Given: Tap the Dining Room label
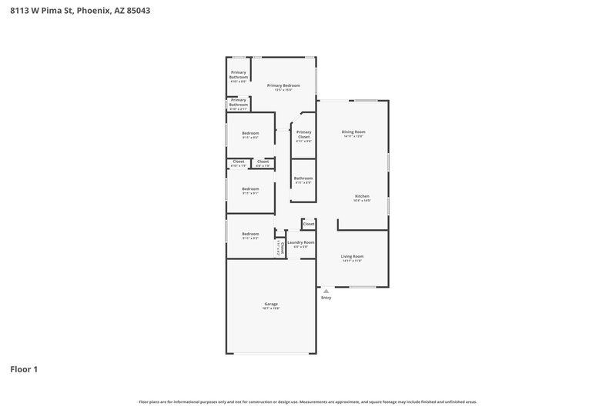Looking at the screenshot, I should (x=353, y=132).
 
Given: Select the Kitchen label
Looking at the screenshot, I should (x=363, y=196).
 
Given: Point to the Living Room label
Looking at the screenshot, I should (x=353, y=256).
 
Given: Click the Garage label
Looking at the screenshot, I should (x=271, y=304).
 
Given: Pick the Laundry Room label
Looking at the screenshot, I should (x=301, y=242).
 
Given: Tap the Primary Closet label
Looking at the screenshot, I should (x=304, y=134).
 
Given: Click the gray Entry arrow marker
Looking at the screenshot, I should (x=326, y=291).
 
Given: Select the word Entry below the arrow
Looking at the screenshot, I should (x=326, y=298).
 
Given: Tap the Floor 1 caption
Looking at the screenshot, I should (x=24, y=369).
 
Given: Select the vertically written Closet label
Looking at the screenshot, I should (x=283, y=248).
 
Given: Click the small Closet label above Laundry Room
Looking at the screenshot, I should (x=308, y=224).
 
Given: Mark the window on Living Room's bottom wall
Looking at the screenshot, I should (x=362, y=287).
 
